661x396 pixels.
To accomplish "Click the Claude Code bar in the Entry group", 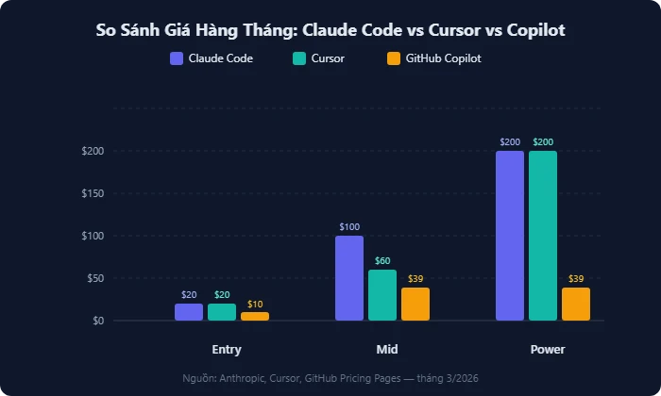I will (x=189, y=312).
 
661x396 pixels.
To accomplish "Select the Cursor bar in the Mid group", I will (x=382, y=295).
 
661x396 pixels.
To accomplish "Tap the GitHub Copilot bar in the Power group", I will (x=576, y=304).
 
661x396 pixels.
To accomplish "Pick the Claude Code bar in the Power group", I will (x=510, y=236).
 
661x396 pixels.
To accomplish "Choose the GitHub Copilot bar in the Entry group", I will (x=255, y=316).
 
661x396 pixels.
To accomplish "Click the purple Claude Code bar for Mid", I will (x=349, y=278).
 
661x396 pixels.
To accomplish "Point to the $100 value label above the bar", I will (x=349, y=227).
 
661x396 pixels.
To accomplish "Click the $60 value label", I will (x=382, y=260).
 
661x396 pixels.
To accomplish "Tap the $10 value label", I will (x=255, y=304).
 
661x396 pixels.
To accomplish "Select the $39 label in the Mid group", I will (x=415, y=278).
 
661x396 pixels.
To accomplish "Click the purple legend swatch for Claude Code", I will (x=177, y=58).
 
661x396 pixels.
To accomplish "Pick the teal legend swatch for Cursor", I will (x=299, y=58).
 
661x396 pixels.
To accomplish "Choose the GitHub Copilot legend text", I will (x=444, y=58).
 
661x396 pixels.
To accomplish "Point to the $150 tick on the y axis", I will (x=93, y=193).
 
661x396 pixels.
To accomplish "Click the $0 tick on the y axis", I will (x=96, y=321).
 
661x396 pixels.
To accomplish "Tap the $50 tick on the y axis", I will (x=94, y=278).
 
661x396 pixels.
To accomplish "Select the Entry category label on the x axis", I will (x=227, y=349).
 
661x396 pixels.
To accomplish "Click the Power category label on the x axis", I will (x=548, y=349).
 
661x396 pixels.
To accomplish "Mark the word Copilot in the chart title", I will (x=535, y=30).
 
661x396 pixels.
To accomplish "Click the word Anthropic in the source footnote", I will (x=244, y=377).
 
